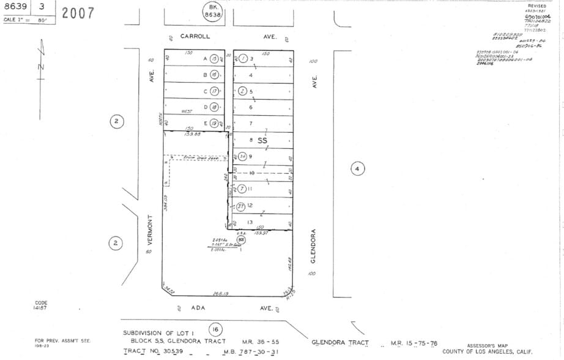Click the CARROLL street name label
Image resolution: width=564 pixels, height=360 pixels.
pyautogui.click(x=195, y=37)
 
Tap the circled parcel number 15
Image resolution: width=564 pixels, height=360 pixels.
pyautogui.click(x=213, y=59)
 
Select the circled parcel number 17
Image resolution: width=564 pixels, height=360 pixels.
pyautogui.click(x=213, y=91)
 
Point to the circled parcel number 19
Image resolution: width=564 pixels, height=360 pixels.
pyautogui.click(x=213, y=123)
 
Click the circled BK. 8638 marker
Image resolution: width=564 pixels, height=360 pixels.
pyautogui.click(x=213, y=10)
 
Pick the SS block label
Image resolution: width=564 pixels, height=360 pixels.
pyautogui.click(x=262, y=141)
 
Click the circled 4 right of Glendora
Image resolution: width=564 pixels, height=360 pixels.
pyautogui.click(x=358, y=168)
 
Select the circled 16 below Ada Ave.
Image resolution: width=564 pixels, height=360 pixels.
pyautogui.click(x=215, y=329)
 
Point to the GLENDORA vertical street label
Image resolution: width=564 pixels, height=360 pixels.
pyautogui.click(x=313, y=246)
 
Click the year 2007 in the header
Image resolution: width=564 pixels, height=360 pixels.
pyautogui.click(x=78, y=13)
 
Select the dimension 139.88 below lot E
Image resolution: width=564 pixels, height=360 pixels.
pyautogui.click(x=193, y=134)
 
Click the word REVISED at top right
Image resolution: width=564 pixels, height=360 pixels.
pyautogui.click(x=536, y=6)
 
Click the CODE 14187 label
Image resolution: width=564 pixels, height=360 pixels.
pyautogui.click(x=41, y=305)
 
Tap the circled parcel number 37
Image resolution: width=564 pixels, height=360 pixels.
pyautogui.click(x=241, y=206)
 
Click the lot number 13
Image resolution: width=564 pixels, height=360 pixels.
pyautogui.click(x=250, y=222)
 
